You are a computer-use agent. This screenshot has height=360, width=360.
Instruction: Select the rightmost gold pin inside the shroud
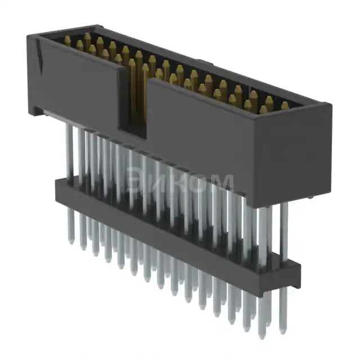285,106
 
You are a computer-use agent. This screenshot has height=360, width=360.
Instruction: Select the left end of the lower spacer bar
57,188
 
